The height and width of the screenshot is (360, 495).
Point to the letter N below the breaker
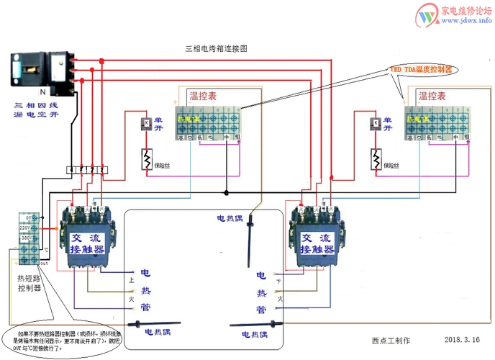coord(42,93)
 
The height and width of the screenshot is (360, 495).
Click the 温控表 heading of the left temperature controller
coord(204,96)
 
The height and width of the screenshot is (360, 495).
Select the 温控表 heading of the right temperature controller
coord(433,96)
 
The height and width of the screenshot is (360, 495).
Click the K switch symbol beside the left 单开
coord(145,123)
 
